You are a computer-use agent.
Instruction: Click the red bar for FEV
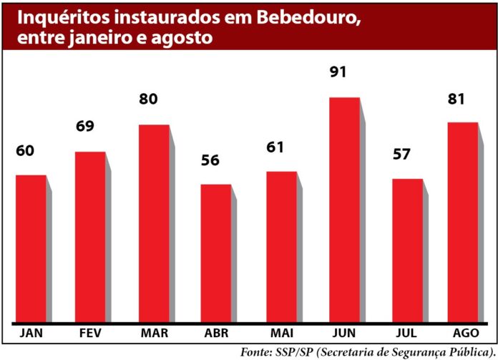pyautogui.click(x=90, y=237)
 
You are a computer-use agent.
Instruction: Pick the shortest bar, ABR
pyautogui.click(x=215, y=253)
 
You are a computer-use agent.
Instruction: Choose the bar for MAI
pyautogui.click(x=281, y=247)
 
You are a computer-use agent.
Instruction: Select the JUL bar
pyautogui.click(x=407, y=250)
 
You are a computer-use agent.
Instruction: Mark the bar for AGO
pyautogui.click(x=462, y=223)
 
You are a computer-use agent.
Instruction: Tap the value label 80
pyautogui.click(x=148, y=99)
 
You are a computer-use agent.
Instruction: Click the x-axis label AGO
pyautogui.click(x=466, y=334)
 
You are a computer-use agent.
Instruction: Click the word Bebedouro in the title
pyautogui.click(x=298, y=15)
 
